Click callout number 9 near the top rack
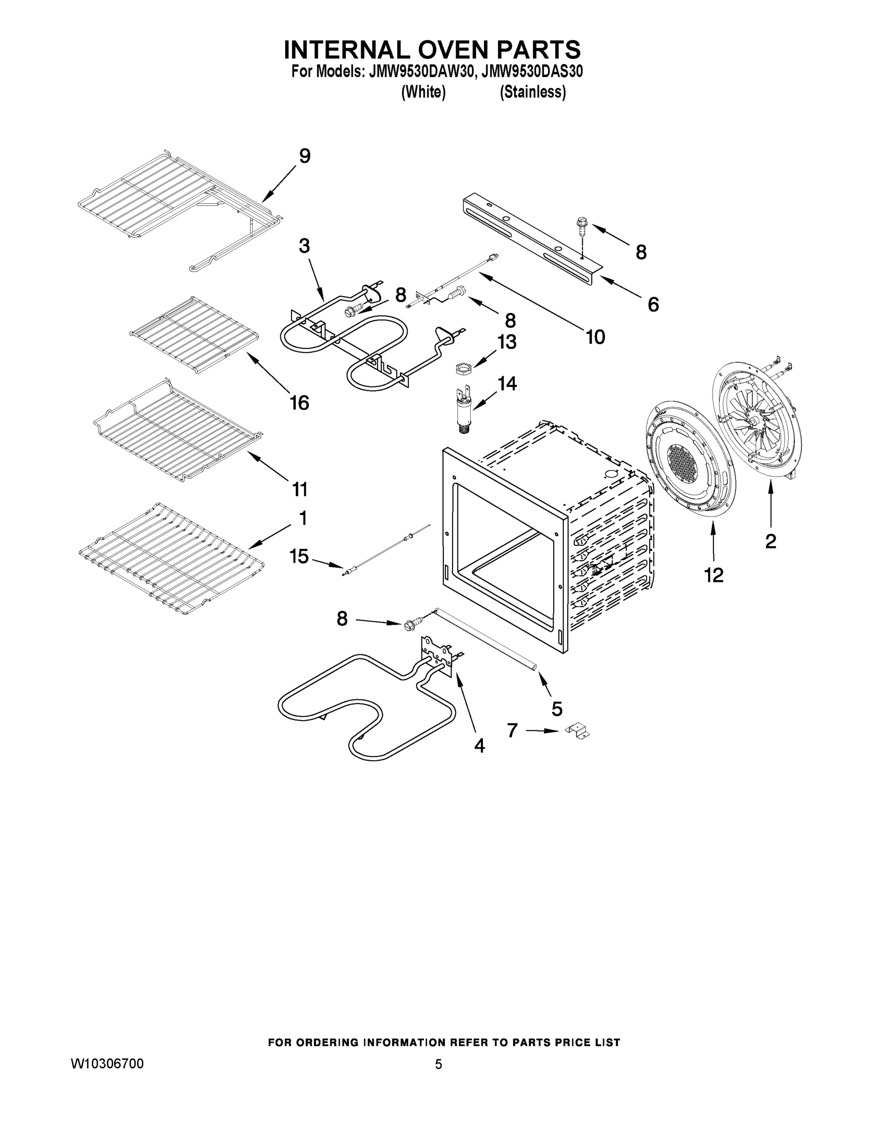pyautogui.click(x=304, y=156)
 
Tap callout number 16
pyautogui.click(x=299, y=402)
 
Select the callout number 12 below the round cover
pyautogui.click(x=713, y=575)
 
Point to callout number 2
pyautogui.click(x=770, y=541)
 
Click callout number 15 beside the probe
pyautogui.click(x=299, y=557)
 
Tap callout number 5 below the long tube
pyautogui.click(x=556, y=709)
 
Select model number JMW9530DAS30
pyautogui.click(x=532, y=72)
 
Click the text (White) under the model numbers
pyautogui.click(x=423, y=92)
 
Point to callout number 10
pyautogui.click(x=596, y=337)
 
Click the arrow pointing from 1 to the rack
pyautogui.click(x=269, y=537)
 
